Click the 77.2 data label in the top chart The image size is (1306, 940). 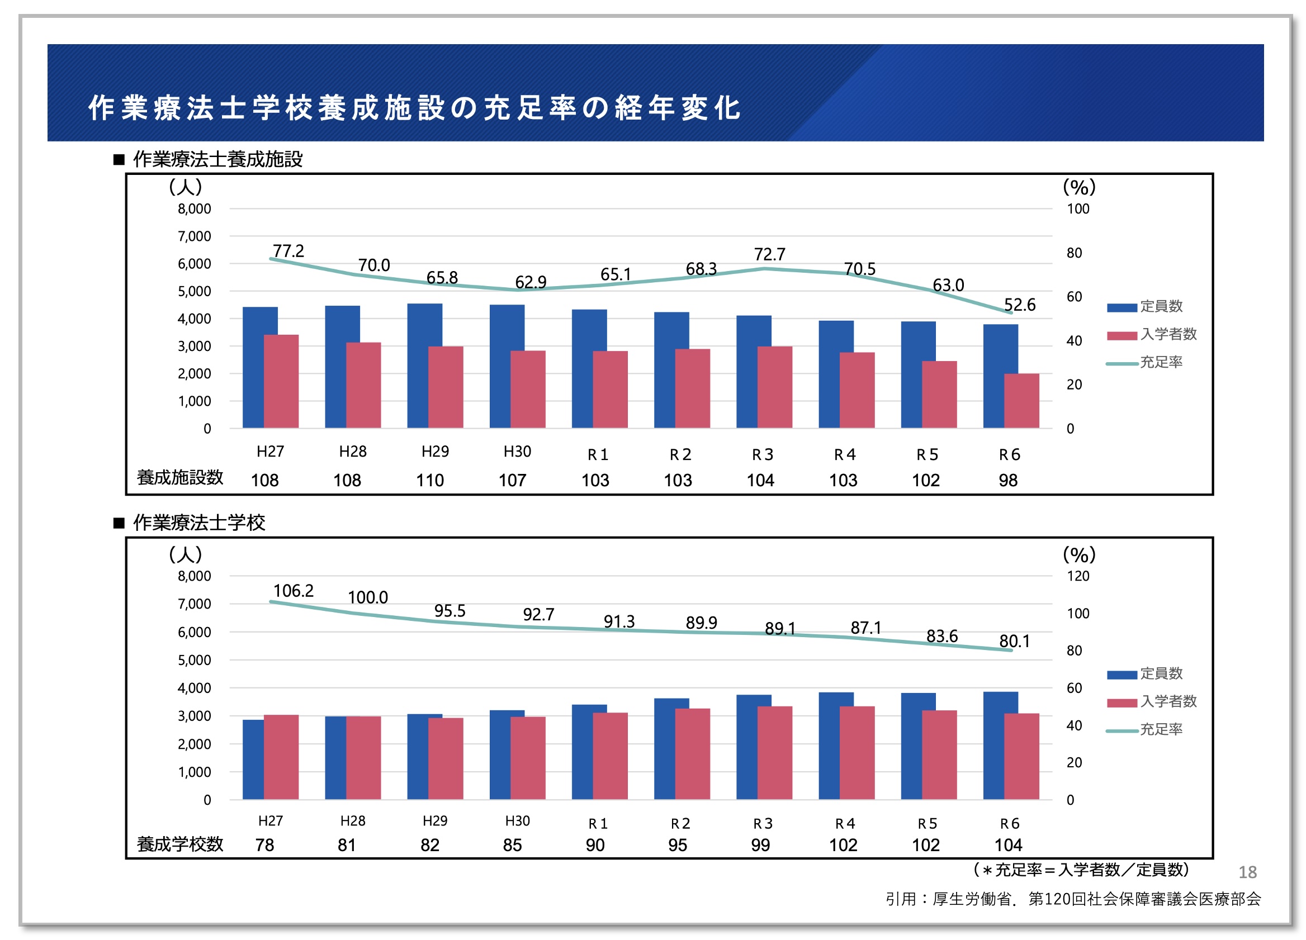click(x=288, y=251)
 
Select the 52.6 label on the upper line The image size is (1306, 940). click(x=1019, y=305)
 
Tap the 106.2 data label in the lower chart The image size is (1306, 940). click(x=293, y=591)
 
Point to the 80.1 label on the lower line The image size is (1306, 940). click(x=1014, y=640)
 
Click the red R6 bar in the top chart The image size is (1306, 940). click(x=1021, y=401)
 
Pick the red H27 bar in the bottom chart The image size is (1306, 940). click(x=282, y=757)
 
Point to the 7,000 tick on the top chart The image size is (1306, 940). click(x=194, y=236)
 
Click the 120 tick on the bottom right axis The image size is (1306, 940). click(x=1078, y=576)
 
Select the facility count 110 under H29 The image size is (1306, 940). click(x=429, y=480)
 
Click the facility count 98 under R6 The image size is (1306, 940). click(x=1007, y=480)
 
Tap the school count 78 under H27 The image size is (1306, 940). click(x=264, y=845)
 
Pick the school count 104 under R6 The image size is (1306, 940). click(x=1007, y=845)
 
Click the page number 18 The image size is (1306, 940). click(x=1247, y=872)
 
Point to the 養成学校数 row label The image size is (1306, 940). click(x=179, y=844)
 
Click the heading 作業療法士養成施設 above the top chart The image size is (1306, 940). click(x=217, y=159)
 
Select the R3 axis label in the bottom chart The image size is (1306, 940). click(x=763, y=824)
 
